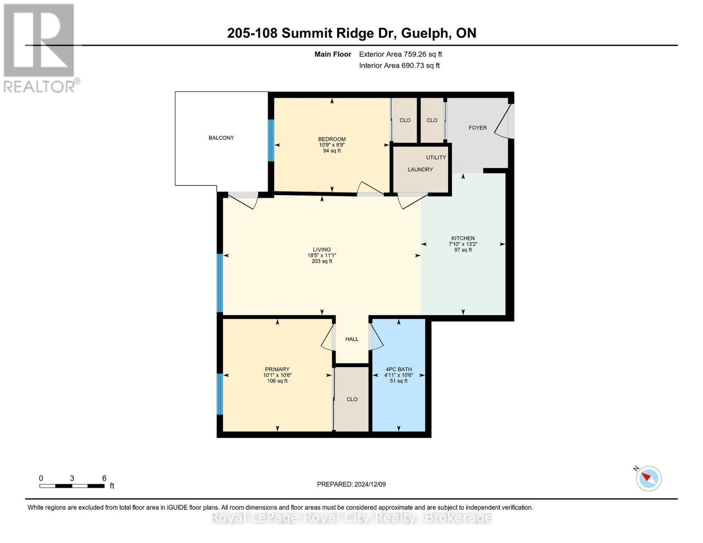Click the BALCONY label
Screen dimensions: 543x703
(221, 138)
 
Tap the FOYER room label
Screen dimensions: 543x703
(478, 128)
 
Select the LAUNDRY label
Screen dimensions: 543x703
(420, 169)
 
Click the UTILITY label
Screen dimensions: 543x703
(436, 157)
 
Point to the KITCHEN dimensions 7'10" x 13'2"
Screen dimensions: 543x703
(463, 244)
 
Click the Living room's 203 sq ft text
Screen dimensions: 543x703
(322, 261)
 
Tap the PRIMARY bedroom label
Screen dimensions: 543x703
(277, 369)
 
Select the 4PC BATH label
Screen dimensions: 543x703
(398, 369)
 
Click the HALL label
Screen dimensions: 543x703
(352, 339)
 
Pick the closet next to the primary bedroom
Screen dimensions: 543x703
(352, 399)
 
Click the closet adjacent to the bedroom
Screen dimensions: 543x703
(405, 120)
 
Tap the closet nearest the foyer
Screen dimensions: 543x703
(432, 120)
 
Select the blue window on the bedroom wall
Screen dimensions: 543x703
(271, 140)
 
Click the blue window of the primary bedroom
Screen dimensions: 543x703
(220, 394)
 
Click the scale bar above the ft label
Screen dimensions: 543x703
(72, 486)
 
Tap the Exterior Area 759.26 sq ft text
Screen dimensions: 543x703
(400, 54)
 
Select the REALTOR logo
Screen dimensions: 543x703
(40, 48)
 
